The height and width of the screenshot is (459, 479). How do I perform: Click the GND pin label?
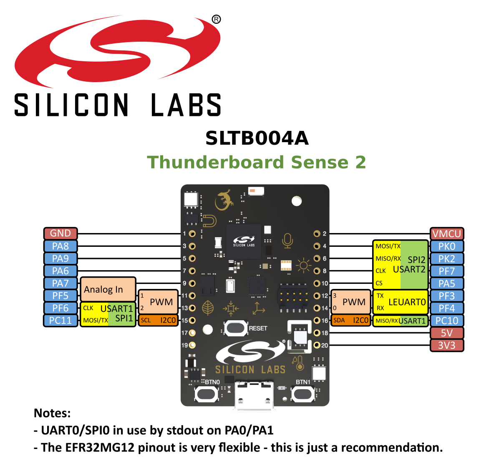coord(61,233)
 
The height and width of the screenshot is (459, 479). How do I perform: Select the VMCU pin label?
coord(446,234)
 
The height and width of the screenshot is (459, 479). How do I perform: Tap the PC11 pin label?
coord(61,321)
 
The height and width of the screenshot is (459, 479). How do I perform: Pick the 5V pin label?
coord(446,333)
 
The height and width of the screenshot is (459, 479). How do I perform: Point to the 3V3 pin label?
coord(446,346)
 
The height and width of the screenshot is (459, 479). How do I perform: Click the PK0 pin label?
coord(446,246)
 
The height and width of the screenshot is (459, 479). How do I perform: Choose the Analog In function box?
coord(108,289)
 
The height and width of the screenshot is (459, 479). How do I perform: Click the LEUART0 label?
coord(407,302)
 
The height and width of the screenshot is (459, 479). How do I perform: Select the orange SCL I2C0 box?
coord(158,321)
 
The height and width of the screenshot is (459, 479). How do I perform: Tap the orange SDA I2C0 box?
coord(351,321)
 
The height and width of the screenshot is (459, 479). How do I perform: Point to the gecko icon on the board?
coord(224,200)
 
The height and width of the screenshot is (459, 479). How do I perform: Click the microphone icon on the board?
coord(287,241)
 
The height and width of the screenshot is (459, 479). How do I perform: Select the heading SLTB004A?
coord(257,138)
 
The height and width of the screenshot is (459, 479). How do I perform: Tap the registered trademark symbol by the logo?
coord(216,19)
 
